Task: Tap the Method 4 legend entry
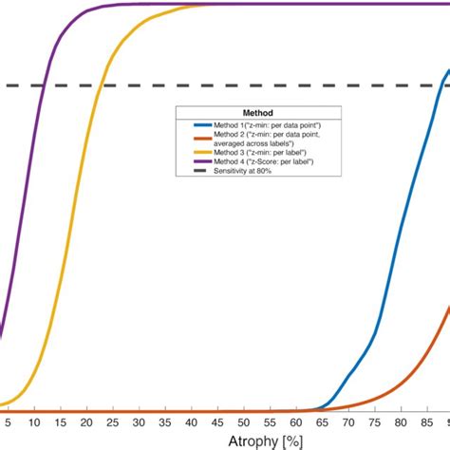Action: pos(252,161)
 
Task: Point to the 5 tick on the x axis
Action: pos(9,422)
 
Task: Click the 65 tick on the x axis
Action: pos(323,422)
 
